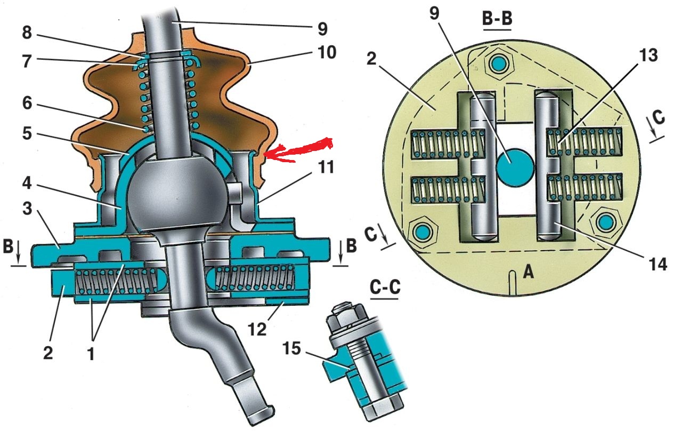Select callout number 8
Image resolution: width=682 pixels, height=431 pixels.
(27, 33)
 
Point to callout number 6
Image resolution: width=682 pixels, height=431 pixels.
(27, 103)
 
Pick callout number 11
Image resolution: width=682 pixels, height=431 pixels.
(325, 167)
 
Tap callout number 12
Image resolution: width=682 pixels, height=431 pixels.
(257, 329)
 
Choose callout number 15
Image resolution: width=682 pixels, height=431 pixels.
(291, 348)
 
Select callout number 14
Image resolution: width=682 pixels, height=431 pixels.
(657, 265)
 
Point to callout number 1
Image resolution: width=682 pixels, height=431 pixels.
(91, 354)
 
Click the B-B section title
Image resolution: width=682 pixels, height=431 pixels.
(497, 19)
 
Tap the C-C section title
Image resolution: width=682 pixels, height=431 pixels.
(385, 288)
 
